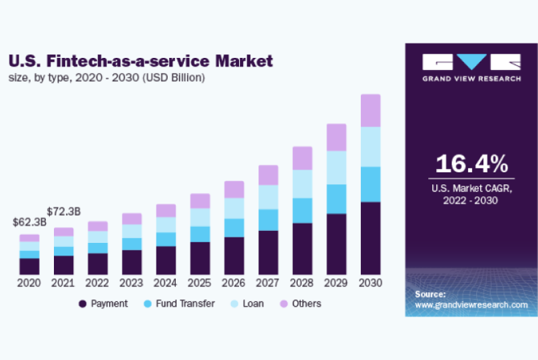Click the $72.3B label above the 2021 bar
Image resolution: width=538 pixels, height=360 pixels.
tap(66, 212)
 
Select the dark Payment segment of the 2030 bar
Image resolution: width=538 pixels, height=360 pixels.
tap(370, 238)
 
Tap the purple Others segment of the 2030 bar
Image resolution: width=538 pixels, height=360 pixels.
tap(370, 110)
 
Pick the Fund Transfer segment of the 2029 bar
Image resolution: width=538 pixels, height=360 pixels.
tap(336, 199)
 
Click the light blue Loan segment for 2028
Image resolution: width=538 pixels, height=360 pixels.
tap(302, 184)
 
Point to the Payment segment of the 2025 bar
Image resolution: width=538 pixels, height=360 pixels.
tap(200, 258)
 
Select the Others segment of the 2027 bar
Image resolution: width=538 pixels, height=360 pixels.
tap(268, 175)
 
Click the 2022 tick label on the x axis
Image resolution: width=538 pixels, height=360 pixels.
tap(98, 283)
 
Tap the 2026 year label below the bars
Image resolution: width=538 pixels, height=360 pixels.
tap(234, 283)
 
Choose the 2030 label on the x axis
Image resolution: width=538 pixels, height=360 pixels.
tap(370, 283)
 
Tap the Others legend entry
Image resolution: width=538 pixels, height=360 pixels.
tap(300, 303)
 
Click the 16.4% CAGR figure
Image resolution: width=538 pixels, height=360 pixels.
tap(471, 164)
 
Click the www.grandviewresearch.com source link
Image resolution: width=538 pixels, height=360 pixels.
tap(471, 304)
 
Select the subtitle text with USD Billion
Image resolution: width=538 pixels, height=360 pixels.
tap(107, 78)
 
